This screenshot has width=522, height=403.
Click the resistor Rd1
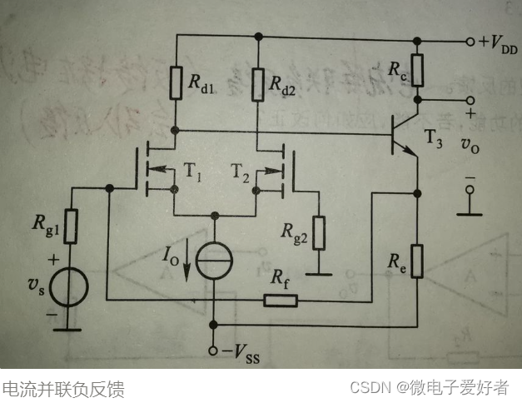pos(176,81)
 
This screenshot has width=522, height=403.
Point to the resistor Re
pos(419,259)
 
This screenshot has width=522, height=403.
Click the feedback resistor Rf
pos(281,300)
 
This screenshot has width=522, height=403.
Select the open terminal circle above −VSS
pos(215,348)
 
